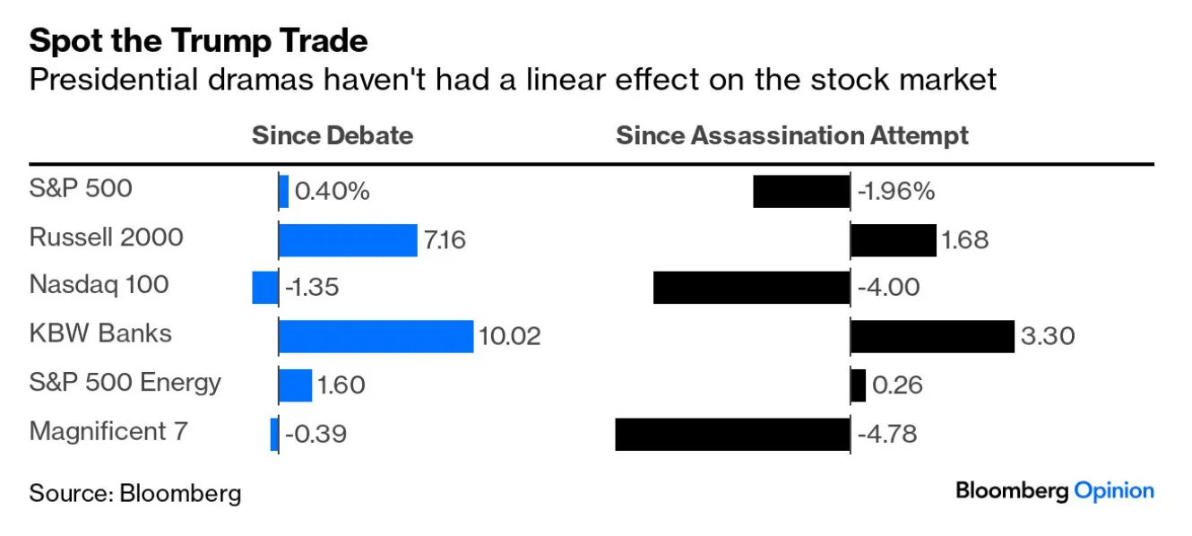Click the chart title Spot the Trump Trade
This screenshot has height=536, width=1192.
pyautogui.click(x=198, y=40)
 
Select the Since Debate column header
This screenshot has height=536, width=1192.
pyautogui.click(x=333, y=135)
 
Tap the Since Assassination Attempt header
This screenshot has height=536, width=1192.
pyautogui.click(x=792, y=135)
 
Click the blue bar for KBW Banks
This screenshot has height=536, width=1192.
pyautogui.click(x=376, y=336)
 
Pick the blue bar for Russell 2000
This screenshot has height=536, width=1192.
pyautogui.click(x=348, y=240)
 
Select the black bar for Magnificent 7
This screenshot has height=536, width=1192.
pyautogui.click(x=733, y=435)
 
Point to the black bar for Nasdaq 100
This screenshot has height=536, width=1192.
pyautogui.click(x=752, y=288)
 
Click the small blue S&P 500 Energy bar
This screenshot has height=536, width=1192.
pyautogui.click(x=296, y=385)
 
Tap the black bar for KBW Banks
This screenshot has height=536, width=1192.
pyautogui.click(x=932, y=336)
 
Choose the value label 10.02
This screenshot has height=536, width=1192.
pyautogui.click(x=510, y=336)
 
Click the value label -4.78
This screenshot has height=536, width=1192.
pyautogui.click(x=887, y=435)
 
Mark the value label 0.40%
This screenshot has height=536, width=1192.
pyautogui.click(x=332, y=192)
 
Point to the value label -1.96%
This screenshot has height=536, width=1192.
pyautogui.click(x=896, y=192)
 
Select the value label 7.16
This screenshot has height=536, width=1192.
pyautogui.click(x=445, y=240)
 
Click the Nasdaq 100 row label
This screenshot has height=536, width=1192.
pyautogui.click(x=99, y=285)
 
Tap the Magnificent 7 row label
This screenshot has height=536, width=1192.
pyautogui.click(x=108, y=432)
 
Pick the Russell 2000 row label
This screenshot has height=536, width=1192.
pyautogui.click(x=107, y=238)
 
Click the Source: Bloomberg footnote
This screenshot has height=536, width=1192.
pyautogui.click(x=135, y=493)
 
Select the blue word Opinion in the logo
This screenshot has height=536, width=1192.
pyautogui.click(x=1114, y=491)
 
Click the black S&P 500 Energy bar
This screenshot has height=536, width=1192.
pyautogui.click(x=859, y=385)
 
